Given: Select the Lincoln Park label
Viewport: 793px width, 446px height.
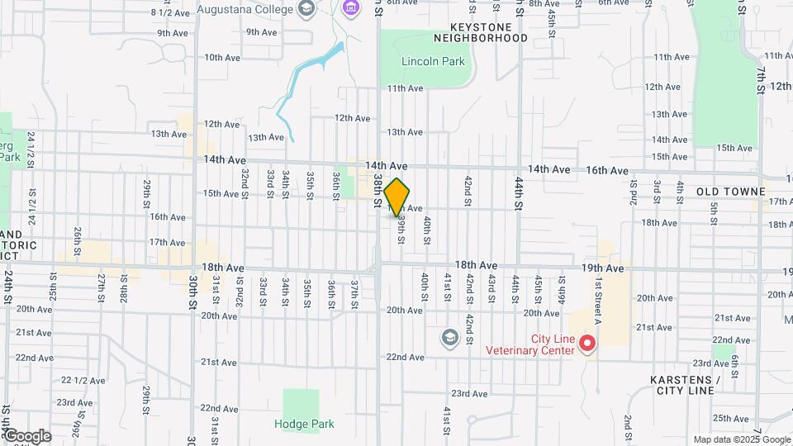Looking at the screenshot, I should (433, 61).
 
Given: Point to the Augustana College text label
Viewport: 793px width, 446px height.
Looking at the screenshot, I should (245, 10).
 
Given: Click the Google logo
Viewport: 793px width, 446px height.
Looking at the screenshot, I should (26, 436).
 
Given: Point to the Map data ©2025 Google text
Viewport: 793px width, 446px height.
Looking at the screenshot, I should (740, 439).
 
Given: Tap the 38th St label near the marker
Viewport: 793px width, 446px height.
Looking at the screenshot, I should (378, 190).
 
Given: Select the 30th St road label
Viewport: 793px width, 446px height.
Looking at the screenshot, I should (191, 292).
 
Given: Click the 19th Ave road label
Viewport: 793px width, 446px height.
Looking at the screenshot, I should (602, 268).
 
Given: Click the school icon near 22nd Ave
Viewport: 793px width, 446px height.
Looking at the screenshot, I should (449, 337).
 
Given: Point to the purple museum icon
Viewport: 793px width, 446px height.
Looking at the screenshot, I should (350, 8).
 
